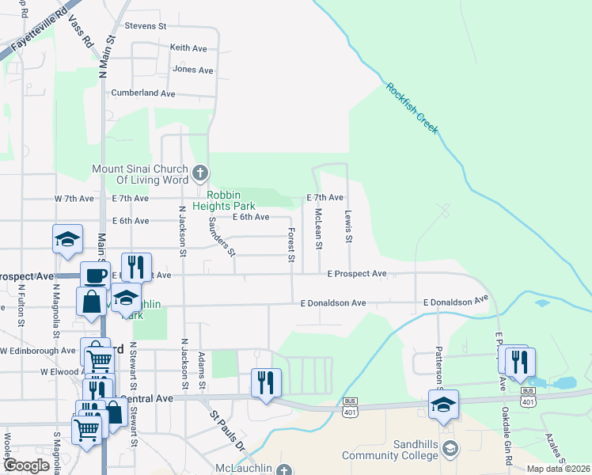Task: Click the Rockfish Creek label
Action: click(412, 108)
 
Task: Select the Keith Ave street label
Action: click(188, 48)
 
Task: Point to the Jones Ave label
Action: click(193, 70)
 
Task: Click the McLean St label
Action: click(318, 228)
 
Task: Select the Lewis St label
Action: click(347, 226)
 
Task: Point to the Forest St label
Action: click(291, 245)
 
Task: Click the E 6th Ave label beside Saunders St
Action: click(251, 217)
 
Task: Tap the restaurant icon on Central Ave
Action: click(265, 383)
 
